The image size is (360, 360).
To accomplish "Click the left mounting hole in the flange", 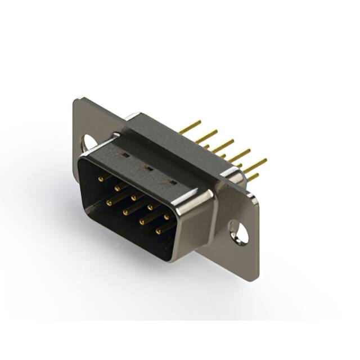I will pyautogui.click(x=89, y=142).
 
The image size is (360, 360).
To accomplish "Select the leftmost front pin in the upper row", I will pyautogui.click(x=101, y=178).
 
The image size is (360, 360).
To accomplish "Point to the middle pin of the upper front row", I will pyautogui.click(x=134, y=197).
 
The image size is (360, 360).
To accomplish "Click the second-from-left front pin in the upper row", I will pyautogui.click(x=118, y=187).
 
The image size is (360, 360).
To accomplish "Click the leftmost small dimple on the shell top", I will pyautogui.click(x=125, y=154).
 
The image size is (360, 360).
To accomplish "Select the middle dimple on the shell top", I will pyautogui.click(x=148, y=168).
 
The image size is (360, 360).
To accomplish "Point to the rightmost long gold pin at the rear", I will pyautogui.click(x=255, y=165).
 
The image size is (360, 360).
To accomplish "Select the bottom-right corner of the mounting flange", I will pyautogui.click(x=256, y=279).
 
